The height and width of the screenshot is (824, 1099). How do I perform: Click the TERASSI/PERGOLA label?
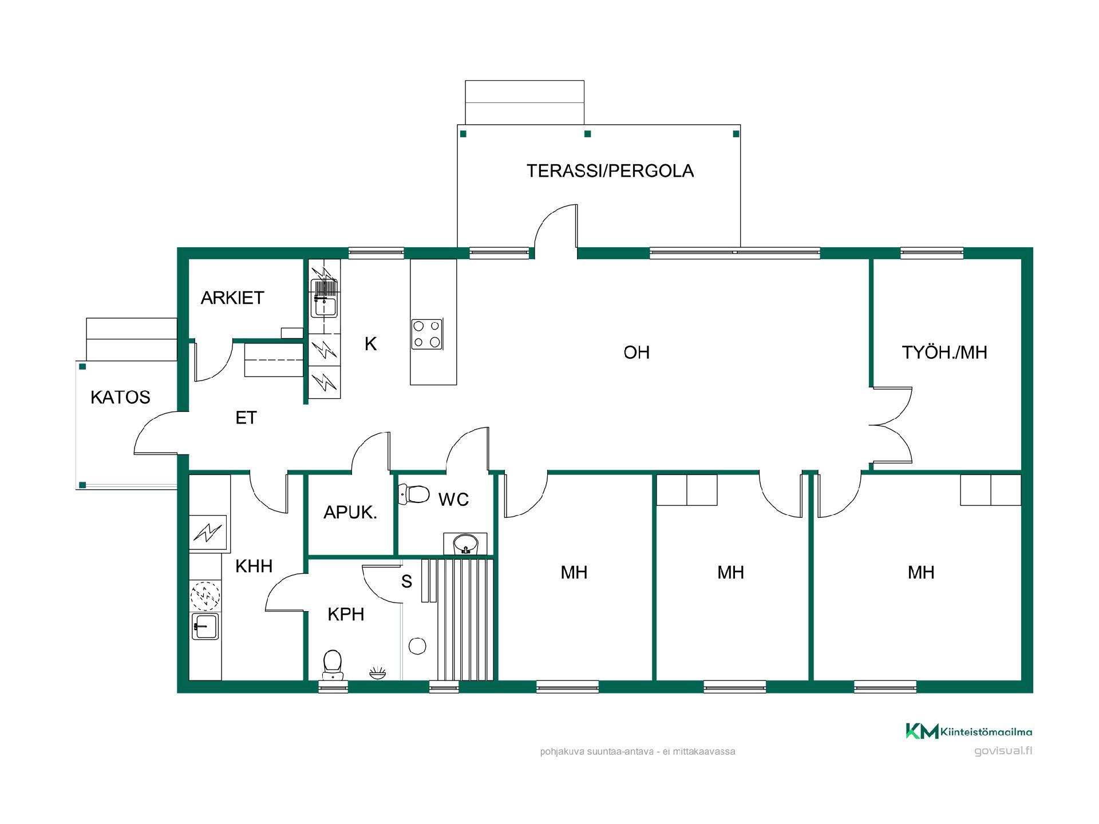[x=610, y=171]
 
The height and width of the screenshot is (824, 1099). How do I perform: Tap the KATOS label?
[x=120, y=397]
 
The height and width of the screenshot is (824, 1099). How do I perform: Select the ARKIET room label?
[x=232, y=298]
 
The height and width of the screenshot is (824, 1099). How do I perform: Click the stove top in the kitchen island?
[x=427, y=334]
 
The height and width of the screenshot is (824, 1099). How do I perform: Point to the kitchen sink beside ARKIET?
[x=324, y=298]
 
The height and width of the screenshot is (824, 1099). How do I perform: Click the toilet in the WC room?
[x=414, y=494]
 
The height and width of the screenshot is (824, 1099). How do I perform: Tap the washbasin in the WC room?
[x=465, y=544]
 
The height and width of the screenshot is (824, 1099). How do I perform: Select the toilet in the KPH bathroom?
[x=333, y=664]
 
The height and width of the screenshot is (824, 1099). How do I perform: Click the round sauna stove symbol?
[x=418, y=646]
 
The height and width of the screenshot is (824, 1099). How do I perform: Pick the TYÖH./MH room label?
[x=944, y=352]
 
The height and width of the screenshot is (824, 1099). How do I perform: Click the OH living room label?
[x=637, y=352]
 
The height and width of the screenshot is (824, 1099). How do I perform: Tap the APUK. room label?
[x=350, y=512]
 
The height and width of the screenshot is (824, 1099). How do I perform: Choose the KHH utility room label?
[x=254, y=566]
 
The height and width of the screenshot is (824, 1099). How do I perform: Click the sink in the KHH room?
[x=205, y=626]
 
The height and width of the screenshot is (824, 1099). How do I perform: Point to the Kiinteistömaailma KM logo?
[x=922, y=731]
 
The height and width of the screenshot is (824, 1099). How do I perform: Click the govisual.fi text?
[x=1003, y=751]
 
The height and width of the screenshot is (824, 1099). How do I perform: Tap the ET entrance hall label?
[x=246, y=418]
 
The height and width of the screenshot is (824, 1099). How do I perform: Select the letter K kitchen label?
[x=371, y=344]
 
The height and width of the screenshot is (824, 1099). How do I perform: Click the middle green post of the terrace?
[x=587, y=134]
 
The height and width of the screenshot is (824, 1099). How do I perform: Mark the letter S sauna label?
[x=406, y=581]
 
